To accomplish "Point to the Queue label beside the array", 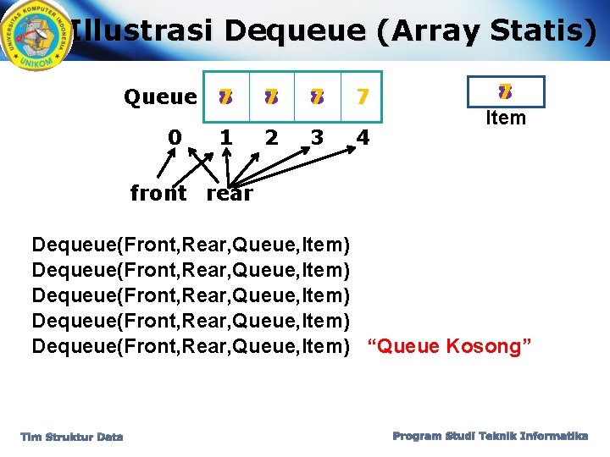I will pos(160,97).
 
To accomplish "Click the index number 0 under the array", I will pos(175,137).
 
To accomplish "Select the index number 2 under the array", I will pos(270,137).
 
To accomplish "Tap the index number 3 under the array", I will pos(317,137).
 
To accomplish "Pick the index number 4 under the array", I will pos(363,137).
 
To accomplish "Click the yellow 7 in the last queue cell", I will pos(362,97).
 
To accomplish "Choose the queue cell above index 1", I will pos(225,97).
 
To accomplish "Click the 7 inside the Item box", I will pos(505,91).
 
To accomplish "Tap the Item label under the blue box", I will pos(506,118).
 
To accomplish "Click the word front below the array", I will pos(159,194).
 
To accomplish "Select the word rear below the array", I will pos(230,194).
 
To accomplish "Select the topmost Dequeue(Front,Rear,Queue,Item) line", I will pos(191,245).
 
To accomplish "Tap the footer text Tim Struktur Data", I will pos(72,437).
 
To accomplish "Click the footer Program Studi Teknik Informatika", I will pos(490,436).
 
